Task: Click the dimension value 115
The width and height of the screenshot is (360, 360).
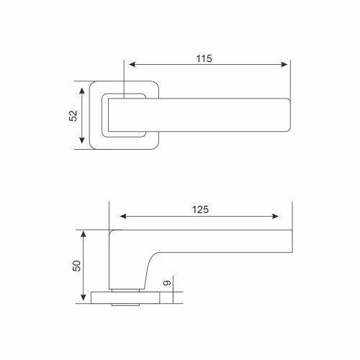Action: (x=204, y=58)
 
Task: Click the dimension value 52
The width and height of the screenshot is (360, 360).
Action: (x=73, y=116)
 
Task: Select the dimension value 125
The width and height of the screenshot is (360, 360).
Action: (x=200, y=210)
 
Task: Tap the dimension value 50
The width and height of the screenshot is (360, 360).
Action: (x=76, y=266)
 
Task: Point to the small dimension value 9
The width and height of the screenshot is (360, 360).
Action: (x=167, y=283)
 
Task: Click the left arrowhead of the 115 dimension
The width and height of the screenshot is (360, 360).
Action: (x=132, y=64)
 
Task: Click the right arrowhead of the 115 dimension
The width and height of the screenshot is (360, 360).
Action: (x=284, y=64)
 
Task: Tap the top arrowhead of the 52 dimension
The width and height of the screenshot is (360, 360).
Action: (x=82, y=91)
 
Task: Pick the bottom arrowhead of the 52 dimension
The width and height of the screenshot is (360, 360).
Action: (x=82, y=140)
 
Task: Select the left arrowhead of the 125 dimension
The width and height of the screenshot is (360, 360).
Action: (x=123, y=217)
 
